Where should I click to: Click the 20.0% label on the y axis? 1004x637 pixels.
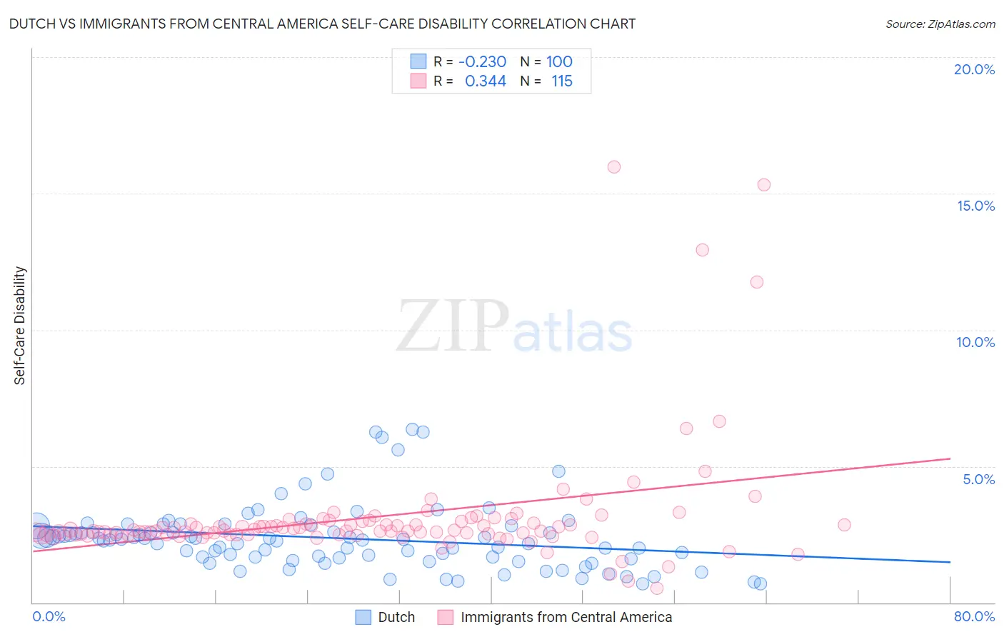tap(974, 69)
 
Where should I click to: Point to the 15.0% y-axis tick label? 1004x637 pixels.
tap(975, 206)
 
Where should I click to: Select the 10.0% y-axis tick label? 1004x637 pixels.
tap(975, 342)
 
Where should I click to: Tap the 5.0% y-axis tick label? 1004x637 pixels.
tap(978, 479)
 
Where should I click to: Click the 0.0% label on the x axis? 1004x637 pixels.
tap(49, 616)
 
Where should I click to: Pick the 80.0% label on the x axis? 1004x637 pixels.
tap(974, 616)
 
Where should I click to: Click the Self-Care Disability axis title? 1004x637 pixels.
tap(20, 326)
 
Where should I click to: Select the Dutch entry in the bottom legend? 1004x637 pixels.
tap(396, 617)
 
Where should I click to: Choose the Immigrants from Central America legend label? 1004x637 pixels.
tap(566, 617)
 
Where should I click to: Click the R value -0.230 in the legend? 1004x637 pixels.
tap(482, 61)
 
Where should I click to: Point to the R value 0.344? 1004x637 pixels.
tap(486, 81)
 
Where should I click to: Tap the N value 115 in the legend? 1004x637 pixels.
tap(562, 81)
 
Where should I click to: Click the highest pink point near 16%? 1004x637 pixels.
tap(614, 167)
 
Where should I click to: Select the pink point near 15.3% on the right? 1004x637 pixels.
tap(764, 185)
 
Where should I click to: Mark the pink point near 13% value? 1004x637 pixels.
tap(702, 250)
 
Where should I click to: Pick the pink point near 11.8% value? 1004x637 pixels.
tap(757, 282)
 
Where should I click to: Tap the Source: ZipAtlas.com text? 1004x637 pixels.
tap(940, 24)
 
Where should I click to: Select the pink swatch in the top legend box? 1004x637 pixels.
tap(418, 81)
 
